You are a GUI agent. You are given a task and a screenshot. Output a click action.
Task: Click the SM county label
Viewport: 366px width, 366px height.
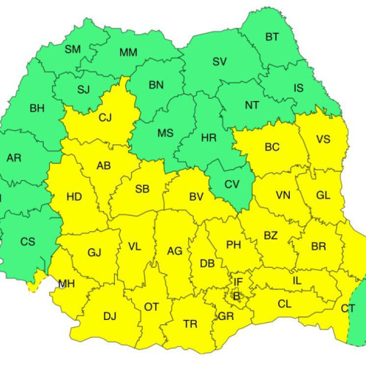(x=72, y=50)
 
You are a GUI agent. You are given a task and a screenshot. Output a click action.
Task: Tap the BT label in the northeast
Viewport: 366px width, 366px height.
(x=272, y=37)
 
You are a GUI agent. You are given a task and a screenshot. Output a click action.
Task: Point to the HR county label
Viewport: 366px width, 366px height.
(x=209, y=138)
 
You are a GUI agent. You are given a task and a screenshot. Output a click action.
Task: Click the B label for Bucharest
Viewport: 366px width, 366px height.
(x=236, y=295)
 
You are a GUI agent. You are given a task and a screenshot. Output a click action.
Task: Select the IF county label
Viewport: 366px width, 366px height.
(x=238, y=281)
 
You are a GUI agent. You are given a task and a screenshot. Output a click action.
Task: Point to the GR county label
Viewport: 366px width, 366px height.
(x=225, y=316)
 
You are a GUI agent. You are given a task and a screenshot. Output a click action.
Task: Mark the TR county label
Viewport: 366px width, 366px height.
(x=190, y=324)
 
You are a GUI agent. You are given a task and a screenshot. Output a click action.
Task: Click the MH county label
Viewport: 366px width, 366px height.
(x=67, y=284)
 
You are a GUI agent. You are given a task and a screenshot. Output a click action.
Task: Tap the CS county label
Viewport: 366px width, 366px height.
(x=27, y=242)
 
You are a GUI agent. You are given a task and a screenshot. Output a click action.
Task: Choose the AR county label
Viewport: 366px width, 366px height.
(x=14, y=158)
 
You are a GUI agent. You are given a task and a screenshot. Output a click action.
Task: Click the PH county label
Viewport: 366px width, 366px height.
(x=234, y=244)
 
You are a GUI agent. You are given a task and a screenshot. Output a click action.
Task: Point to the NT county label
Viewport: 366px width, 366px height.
(x=252, y=105)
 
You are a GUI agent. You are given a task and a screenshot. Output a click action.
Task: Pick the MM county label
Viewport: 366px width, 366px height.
(x=128, y=52)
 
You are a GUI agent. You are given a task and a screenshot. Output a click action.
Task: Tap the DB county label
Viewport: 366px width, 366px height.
(x=207, y=264)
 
